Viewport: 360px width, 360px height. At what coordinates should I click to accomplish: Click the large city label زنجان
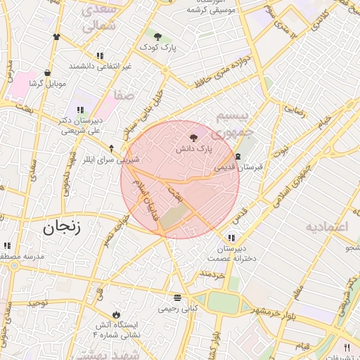[62, 227]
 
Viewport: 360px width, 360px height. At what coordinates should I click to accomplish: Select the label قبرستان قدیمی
[238, 167]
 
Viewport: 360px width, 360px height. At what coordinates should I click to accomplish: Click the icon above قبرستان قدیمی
[238, 156]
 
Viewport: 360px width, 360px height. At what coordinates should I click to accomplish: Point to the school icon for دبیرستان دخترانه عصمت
[231, 237]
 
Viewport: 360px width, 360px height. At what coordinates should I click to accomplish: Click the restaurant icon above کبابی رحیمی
[177, 297]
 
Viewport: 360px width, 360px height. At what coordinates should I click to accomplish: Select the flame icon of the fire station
[116, 314]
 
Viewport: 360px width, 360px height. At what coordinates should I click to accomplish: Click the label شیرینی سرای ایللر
[108, 160]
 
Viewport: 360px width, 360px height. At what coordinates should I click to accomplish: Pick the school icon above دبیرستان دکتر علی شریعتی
[80, 110]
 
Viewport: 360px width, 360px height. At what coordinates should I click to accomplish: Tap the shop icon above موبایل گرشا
[47, 72]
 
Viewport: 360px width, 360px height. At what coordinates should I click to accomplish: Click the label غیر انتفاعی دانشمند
[100, 66]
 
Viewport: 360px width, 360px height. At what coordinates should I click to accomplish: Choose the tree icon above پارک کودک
[157, 36]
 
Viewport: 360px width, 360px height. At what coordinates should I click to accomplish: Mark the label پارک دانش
[193, 150]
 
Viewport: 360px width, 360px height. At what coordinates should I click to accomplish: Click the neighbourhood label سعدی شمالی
[98, 18]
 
